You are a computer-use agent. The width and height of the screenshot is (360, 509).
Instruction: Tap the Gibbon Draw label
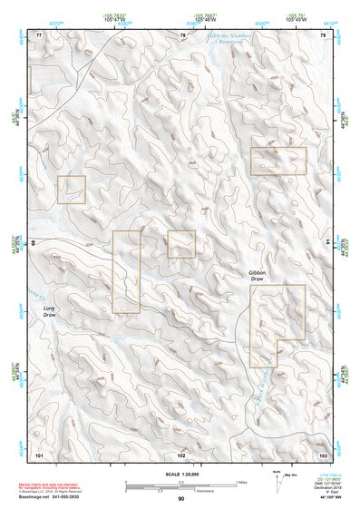tap(258, 277)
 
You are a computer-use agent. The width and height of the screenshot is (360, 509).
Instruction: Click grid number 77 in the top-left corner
tap(39, 35)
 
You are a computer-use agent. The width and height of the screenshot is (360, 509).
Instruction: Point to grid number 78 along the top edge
tap(182, 35)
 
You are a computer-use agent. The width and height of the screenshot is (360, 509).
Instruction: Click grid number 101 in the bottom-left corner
tap(39, 453)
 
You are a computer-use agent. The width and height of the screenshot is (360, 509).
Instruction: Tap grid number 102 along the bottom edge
tap(181, 453)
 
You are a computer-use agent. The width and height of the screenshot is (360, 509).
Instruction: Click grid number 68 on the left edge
tap(35, 243)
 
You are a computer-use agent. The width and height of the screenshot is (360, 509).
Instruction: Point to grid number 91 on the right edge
tap(327, 243)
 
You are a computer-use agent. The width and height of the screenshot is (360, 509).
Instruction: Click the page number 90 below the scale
tap(181, 499)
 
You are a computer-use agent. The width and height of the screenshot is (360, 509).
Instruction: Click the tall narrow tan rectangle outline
tap(127, 271)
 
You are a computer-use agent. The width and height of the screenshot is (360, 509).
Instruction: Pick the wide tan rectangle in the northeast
tap(278, 161)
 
